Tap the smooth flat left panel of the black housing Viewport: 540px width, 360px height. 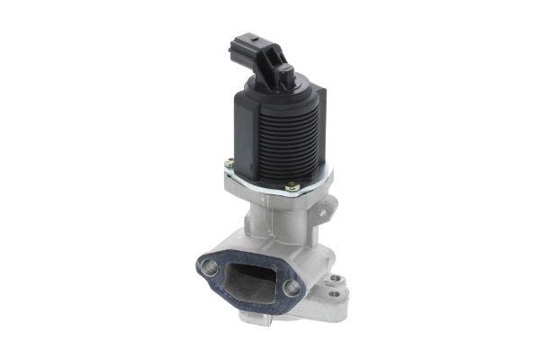tap(240, 126)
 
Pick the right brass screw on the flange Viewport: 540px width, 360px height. tap(292, 186)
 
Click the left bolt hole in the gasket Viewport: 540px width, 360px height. tap(210, 265)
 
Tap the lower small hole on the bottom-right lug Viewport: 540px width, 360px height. tap(336, 293)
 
